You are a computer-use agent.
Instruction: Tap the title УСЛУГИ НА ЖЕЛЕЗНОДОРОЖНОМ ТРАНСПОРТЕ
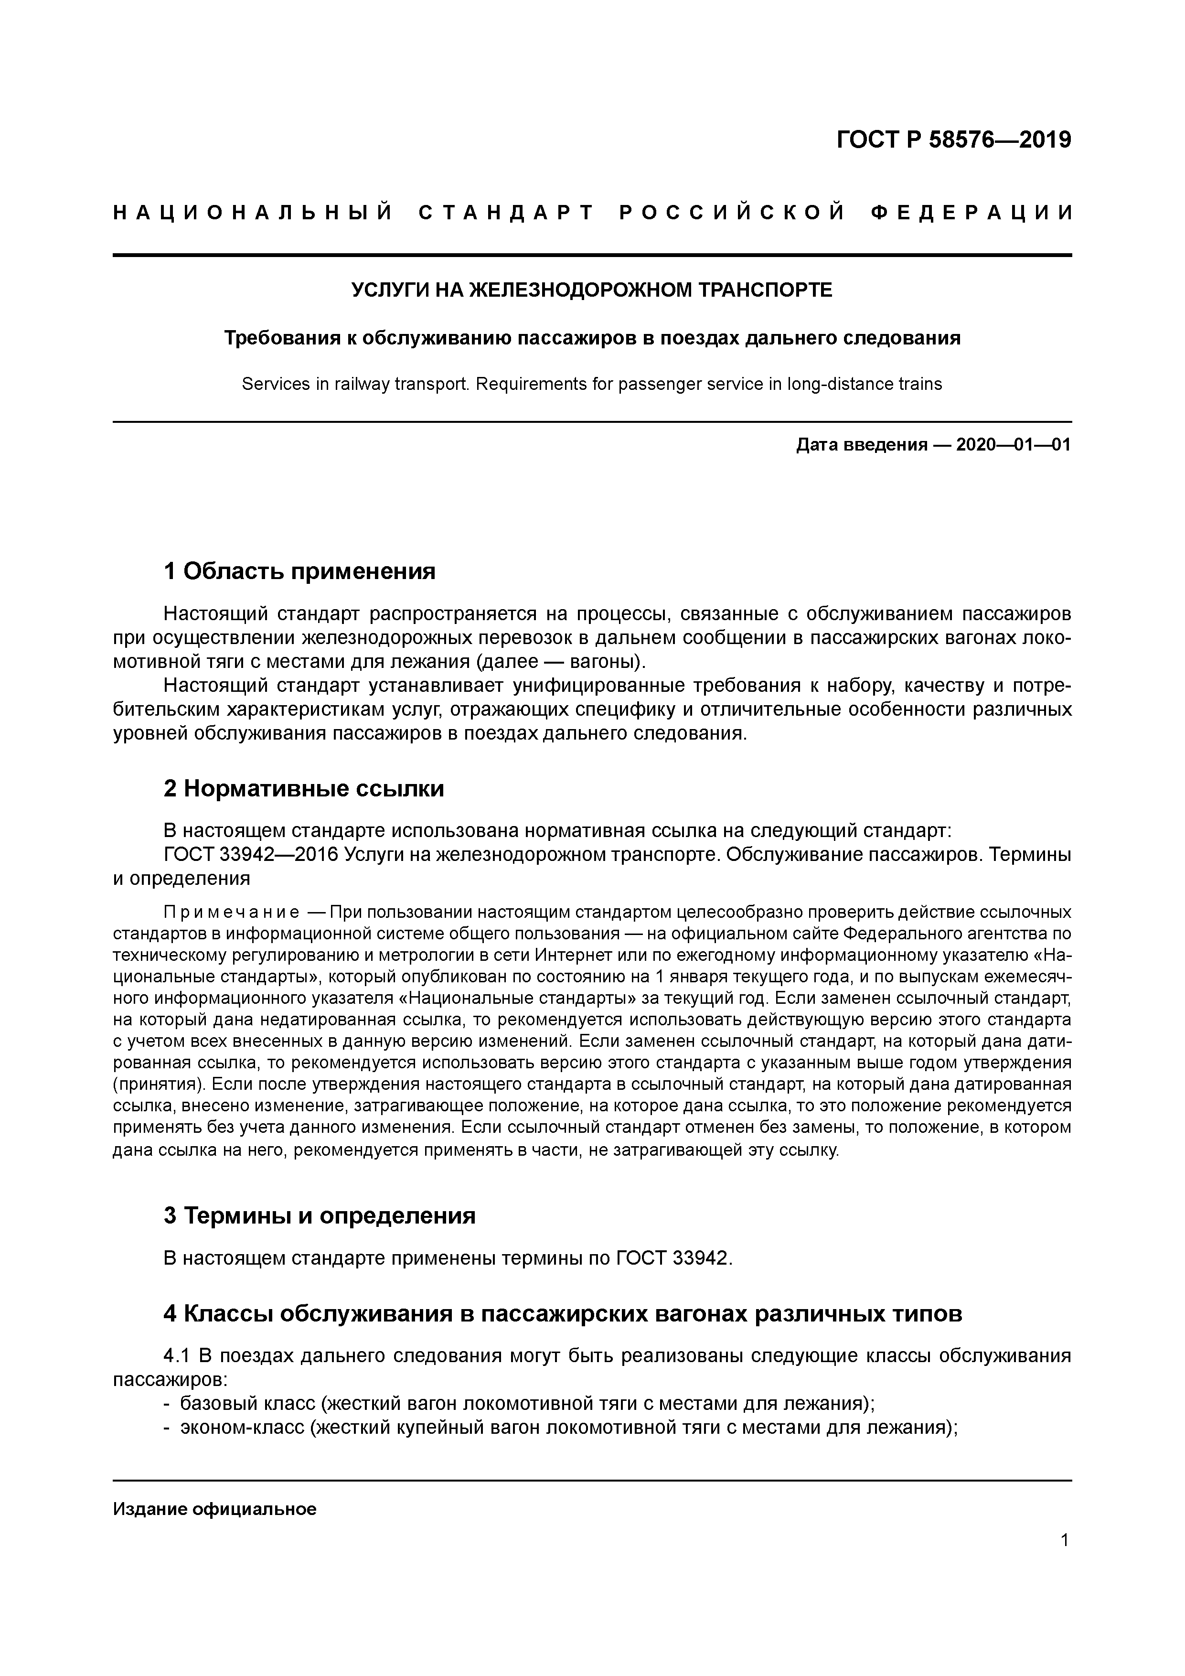click(x=592, y=290)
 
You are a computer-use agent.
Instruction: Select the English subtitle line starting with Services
click(x=592, y=384)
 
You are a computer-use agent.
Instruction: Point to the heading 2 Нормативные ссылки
click(x=304, y=788)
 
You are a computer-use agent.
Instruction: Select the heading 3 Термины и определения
click(x=320, y=1215)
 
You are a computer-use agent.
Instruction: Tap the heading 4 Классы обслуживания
click(x=563, y=1314)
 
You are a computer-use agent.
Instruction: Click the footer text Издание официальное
click(x=214, y=1510)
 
